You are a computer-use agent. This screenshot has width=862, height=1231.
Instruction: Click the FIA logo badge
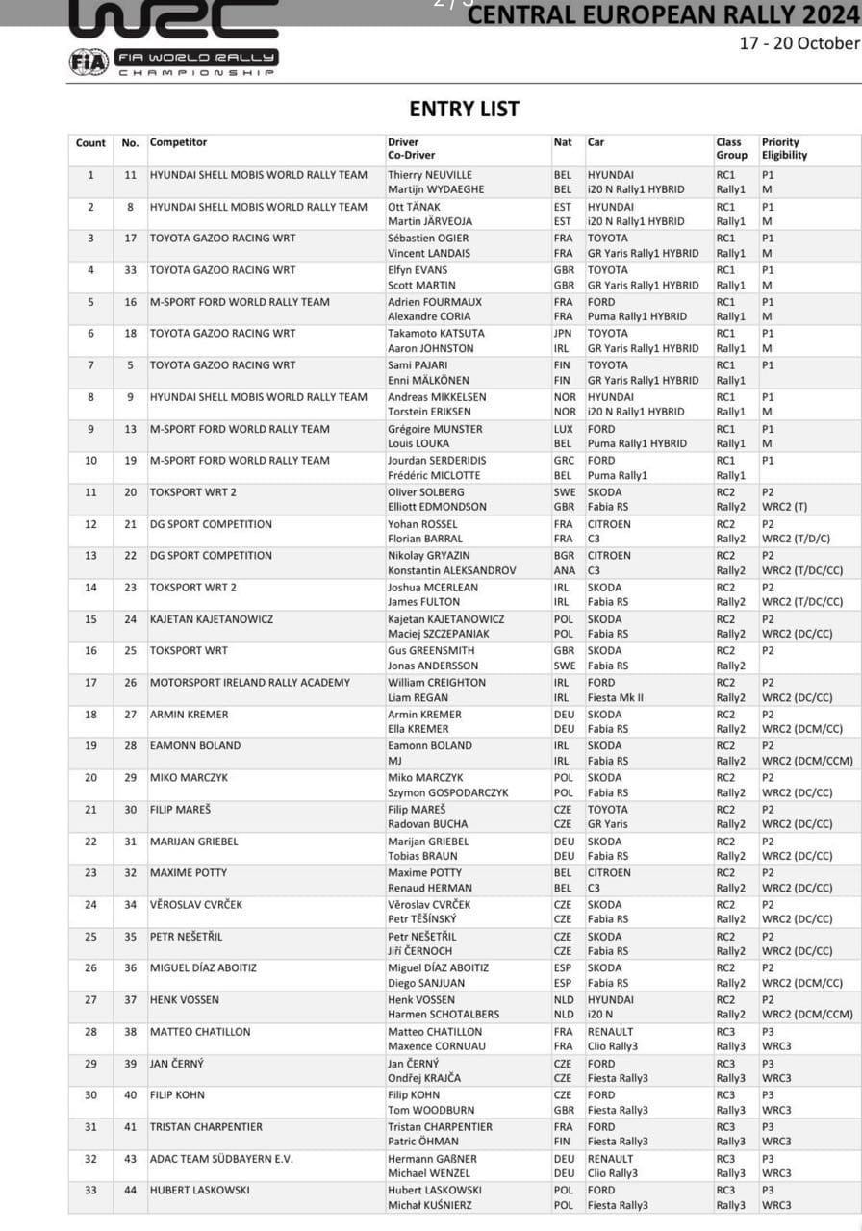tap(89, 62)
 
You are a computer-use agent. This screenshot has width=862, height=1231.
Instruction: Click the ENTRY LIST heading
tap(464, 109)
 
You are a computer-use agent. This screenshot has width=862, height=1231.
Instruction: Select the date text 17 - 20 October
tap(799, 43)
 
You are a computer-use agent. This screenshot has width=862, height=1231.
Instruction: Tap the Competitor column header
tap(178, 142)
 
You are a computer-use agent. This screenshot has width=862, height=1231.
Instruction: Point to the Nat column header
tap(563, 142)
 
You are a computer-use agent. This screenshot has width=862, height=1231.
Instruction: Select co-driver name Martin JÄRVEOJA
tap(429, 221)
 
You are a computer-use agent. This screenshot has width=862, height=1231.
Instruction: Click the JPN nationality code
tap(563, 334)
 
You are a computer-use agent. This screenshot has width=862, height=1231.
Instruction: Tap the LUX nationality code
tap(563, 429)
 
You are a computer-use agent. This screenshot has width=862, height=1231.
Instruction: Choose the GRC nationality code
tap(563, 461)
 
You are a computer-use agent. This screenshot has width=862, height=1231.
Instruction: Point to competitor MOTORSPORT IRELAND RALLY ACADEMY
tap(250, 683)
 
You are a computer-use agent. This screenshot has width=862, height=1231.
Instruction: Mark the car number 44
tap(130, 1191)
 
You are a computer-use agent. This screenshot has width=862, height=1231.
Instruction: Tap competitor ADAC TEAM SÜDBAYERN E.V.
tap(221, 1159)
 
